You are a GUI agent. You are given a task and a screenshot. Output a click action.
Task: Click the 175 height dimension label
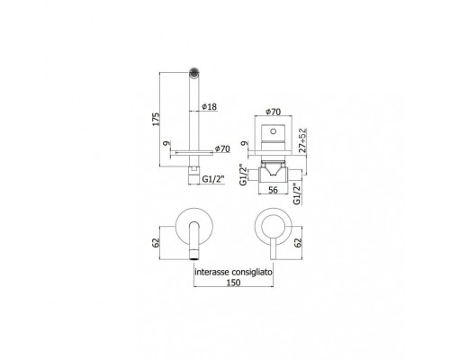click(x=156, y=120)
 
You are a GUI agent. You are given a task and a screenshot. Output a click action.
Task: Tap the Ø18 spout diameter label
click(x=209, y=106)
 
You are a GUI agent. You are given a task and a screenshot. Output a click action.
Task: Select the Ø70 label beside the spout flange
click(x=222, y=148)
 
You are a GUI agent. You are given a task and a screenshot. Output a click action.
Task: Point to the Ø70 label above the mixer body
click(x=273, y=112)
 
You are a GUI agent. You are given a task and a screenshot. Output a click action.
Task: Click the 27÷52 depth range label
click(x=303, y=140)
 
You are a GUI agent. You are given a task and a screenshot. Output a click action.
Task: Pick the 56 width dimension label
click(x=273, y=190)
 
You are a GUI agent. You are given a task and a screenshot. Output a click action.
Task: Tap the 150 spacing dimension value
click(x=233, y=283)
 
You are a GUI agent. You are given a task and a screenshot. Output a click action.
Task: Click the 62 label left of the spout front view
click(x=156, y=243)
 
